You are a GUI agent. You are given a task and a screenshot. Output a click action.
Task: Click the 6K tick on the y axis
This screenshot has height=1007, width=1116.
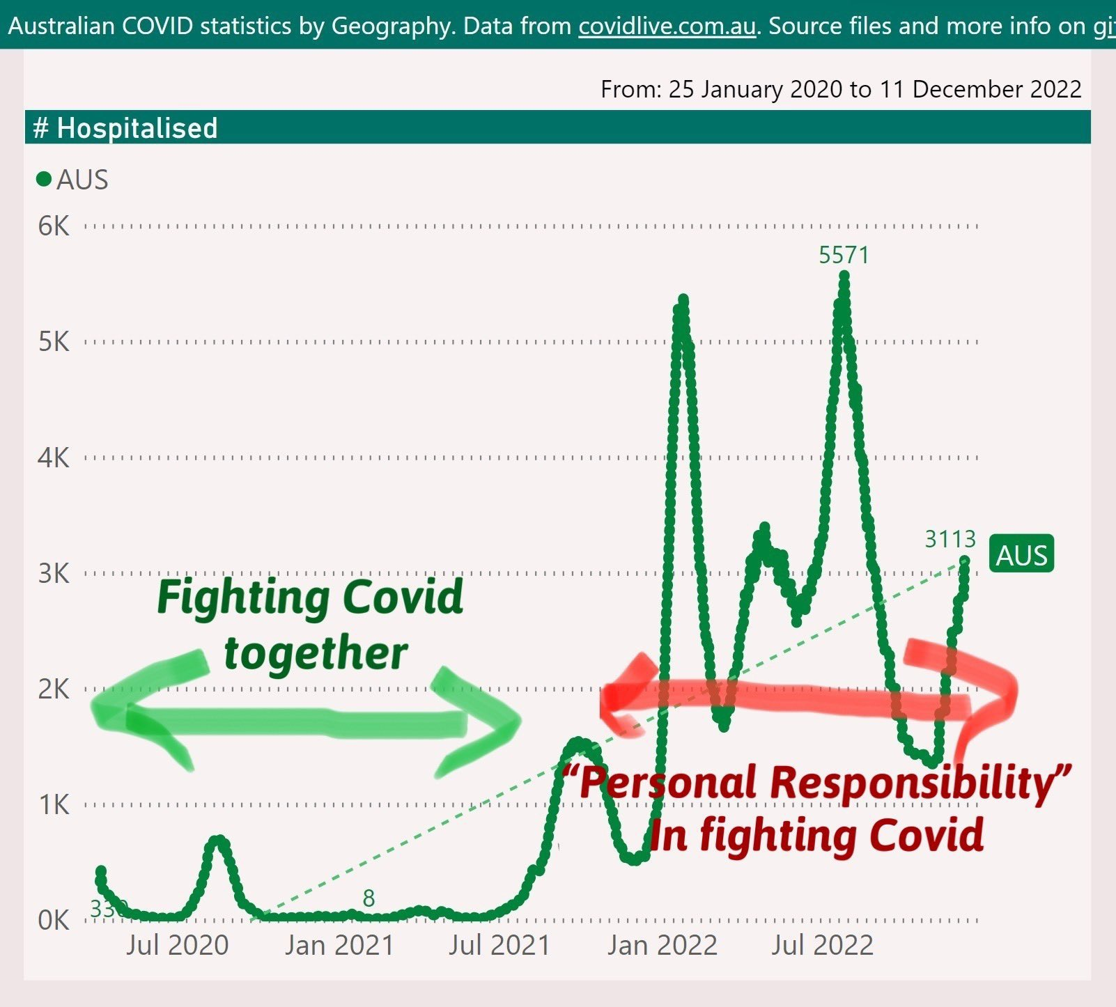(54, 226)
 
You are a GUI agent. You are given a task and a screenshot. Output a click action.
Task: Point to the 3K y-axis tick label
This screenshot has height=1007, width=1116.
(54, 573)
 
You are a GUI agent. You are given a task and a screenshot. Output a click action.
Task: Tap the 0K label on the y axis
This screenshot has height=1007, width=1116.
(54, 920)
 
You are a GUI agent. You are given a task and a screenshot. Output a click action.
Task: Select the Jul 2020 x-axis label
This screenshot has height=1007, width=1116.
(177, 945)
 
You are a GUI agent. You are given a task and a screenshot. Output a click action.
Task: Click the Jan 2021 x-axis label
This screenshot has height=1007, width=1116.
(339, 945)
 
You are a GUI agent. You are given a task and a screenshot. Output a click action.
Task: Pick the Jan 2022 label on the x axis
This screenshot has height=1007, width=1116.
(662, 945)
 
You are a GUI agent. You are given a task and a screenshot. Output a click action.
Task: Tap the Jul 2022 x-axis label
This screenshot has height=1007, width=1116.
(822, 945)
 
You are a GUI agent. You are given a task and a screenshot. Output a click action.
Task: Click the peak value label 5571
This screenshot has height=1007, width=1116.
(844, 256)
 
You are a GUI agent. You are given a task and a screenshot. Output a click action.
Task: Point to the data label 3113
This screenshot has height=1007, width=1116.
(950, 539)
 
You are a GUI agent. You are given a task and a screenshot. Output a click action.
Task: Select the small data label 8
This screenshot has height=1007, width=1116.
(369, 898)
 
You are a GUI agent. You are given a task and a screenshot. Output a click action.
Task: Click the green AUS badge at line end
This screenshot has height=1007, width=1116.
(1021, 555)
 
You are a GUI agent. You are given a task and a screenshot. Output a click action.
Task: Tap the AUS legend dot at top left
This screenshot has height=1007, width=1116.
(44, 180)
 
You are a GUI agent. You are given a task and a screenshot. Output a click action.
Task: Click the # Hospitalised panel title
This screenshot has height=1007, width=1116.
(125, 128)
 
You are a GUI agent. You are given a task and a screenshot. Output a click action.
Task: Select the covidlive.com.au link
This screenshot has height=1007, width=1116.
(667, 26)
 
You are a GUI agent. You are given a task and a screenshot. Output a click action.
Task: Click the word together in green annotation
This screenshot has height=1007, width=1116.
(316, 654)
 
